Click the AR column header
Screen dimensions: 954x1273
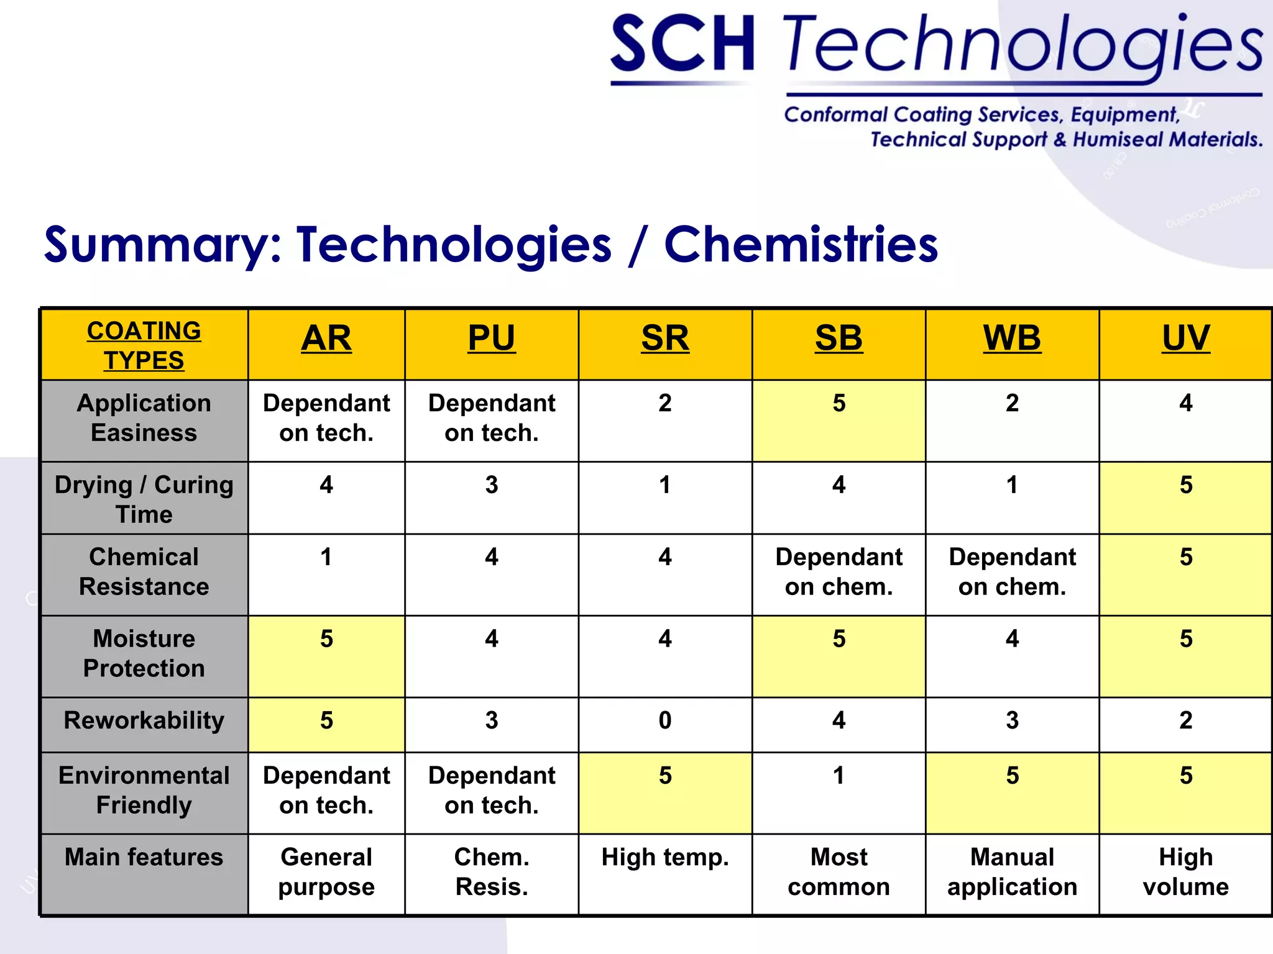(x=326, y=339)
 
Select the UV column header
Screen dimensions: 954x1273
(x=1186, y=339)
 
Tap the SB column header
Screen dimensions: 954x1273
(x=839, y=339)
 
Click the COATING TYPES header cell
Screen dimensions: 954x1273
(x=144, y=345)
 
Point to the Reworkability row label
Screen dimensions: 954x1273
(x=144, y=720)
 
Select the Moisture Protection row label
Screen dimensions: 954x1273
(x=144, y=653)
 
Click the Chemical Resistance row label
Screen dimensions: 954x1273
(x=144, y=571)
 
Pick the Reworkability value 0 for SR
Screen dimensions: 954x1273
(x=665, y=720)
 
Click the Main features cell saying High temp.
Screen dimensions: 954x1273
(x=665, y=858)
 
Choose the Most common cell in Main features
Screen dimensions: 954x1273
(x=839, y=872)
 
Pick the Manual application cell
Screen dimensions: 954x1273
(x=1012, y=872)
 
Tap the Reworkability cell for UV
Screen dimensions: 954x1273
(x=1186, y=720)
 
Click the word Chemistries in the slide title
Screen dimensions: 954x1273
(x=801, y=245)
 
